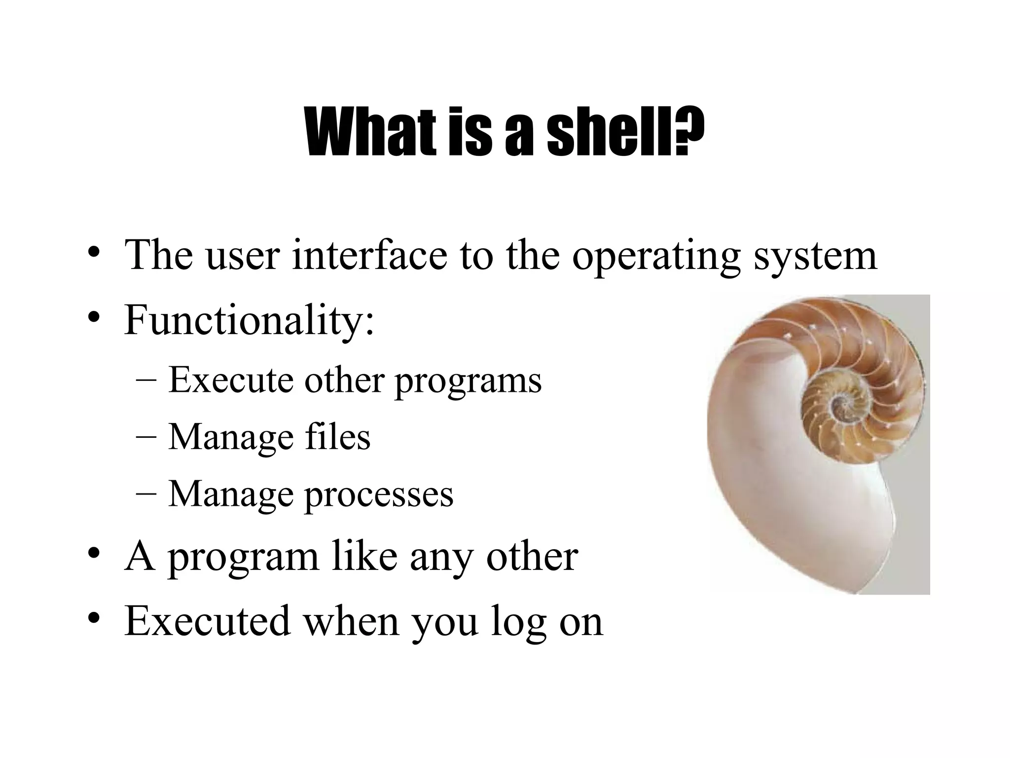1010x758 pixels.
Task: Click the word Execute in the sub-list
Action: click(x=231, y=380)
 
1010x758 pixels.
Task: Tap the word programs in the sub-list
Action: click(x=468, y=382)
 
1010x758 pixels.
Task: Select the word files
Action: click(x=337, y=437)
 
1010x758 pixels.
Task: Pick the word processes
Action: click(x=379, y=495)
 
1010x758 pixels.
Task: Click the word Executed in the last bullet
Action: click(x=207, y=621)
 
